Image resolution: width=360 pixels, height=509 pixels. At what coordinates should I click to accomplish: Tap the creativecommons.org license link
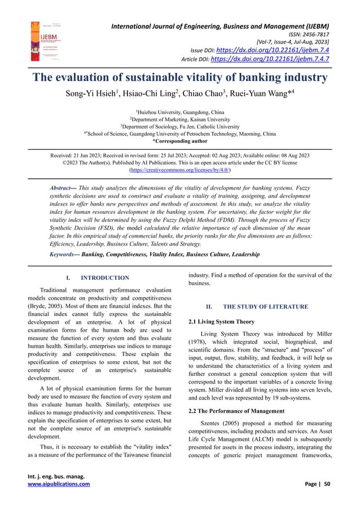pos(180,169)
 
